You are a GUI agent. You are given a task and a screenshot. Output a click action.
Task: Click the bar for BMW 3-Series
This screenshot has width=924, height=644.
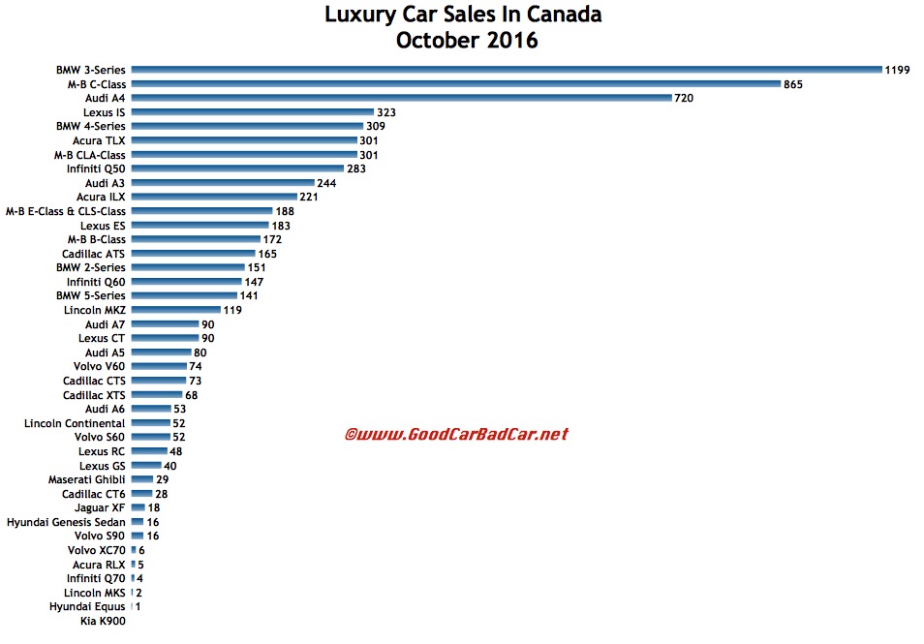[506, 70]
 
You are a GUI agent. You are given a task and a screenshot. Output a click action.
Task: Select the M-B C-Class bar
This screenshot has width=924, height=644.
[455, 84]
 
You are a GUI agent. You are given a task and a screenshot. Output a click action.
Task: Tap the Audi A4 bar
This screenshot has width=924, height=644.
[401, 98]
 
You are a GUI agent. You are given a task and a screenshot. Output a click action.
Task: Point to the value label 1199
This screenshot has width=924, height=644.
[897, 70]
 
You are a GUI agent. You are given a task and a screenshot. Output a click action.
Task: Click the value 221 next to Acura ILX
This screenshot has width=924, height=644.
[312, 197]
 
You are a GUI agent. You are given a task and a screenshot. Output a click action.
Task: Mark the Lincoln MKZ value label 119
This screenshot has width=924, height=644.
[231, 310]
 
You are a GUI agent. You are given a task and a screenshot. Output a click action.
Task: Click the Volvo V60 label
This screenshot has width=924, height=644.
[99, 367]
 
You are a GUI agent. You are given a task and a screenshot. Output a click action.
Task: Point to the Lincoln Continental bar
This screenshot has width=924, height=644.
[150, 423]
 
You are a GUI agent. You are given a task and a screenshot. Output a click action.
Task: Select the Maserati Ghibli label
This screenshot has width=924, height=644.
[87, 479]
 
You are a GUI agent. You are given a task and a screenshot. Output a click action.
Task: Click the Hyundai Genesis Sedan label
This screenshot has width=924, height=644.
[66, 522]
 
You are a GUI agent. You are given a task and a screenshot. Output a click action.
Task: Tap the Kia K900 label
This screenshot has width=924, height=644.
[104, 621]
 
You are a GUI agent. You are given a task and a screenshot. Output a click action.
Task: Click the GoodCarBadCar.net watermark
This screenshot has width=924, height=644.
[456, 434]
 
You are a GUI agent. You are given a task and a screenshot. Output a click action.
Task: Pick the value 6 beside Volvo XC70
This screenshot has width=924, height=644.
[141, 550]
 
